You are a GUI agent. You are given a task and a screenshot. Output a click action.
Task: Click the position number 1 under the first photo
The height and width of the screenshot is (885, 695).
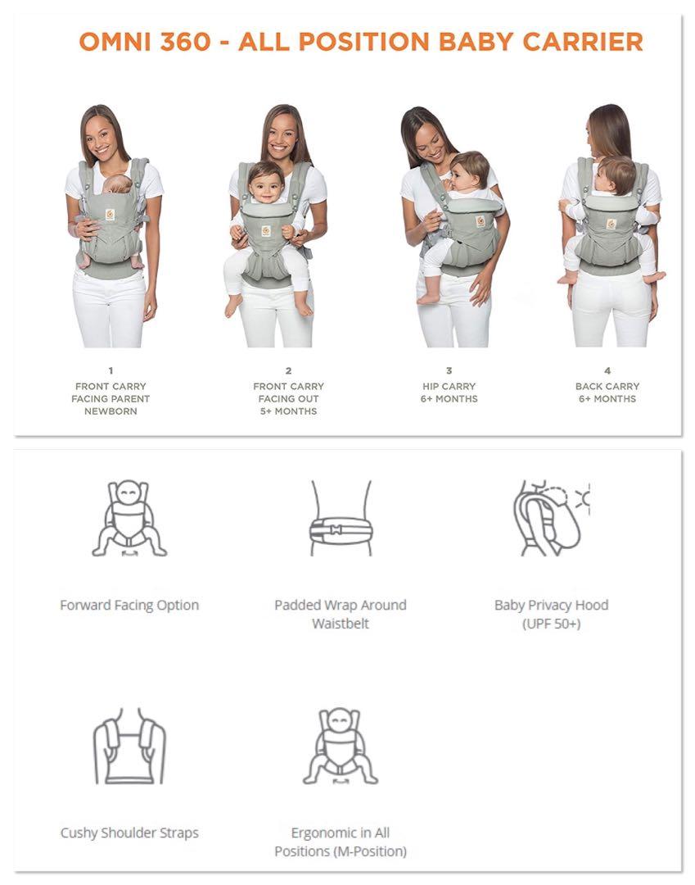(x=111, y=371)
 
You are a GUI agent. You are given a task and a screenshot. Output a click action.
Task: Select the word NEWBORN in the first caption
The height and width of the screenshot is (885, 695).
(x=111, y=411)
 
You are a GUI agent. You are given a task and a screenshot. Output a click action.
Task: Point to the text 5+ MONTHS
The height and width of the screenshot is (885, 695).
(x=288, y=411)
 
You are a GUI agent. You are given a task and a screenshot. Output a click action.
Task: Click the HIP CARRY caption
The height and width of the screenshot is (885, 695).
(x=449, y=386)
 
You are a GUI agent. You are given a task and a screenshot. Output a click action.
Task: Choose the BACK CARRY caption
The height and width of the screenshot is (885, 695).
(x=607, y=386)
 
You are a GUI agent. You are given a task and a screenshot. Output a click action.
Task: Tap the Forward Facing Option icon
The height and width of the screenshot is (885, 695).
(x=129, y=520)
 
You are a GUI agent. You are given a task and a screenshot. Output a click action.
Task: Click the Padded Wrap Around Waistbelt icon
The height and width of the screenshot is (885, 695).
(x=340, y=520)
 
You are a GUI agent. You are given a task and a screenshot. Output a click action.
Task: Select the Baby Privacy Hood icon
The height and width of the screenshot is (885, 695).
(x=550, y=520)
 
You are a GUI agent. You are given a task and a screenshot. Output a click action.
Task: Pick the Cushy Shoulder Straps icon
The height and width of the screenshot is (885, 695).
(x=129, y=747)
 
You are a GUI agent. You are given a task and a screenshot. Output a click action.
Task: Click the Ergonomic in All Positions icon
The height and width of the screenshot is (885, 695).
(x=340, y=747)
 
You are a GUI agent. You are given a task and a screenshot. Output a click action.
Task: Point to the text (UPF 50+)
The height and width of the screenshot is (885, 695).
(x=551, y=624)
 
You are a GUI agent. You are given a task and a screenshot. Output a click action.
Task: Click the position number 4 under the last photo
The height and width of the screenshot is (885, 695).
(x=607, y=371)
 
